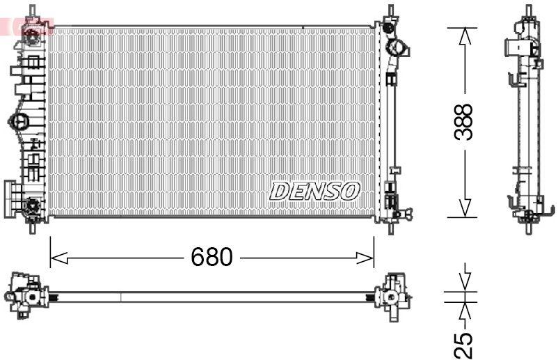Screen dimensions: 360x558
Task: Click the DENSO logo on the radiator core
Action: (x=314, y=191)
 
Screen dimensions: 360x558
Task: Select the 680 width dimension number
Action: (x=212, y=258)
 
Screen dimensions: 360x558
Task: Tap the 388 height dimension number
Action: (x=463, y=122)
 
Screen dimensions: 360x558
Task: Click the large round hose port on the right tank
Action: (x=398, y=49)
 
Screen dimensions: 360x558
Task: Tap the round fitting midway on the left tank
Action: (x=20, y=121)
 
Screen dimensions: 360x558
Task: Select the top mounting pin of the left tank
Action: (x=32, y=13)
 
